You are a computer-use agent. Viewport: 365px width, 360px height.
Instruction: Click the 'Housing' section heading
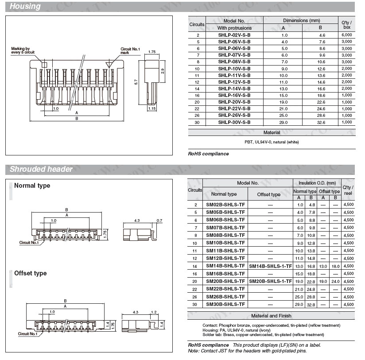tap(25, 6)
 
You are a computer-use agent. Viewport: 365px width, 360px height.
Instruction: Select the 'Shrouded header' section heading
tap(41, 169)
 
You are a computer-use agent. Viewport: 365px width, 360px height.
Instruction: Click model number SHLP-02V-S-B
tap(234, 35)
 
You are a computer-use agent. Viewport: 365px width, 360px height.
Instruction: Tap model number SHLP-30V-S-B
tap(234, 122)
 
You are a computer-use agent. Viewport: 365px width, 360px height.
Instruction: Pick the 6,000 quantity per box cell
tap(347, 35)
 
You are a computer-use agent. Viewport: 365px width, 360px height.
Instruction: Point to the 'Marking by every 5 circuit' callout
tap(20, 51)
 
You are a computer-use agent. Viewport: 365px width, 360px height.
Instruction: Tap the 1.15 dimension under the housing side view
tap(151, 108)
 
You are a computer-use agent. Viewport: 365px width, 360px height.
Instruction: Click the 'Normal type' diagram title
tap(32, 186)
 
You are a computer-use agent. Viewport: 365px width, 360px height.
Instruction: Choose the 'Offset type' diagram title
tap(30, 273)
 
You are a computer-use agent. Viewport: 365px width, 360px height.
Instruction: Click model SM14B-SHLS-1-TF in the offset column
tap(270, 266)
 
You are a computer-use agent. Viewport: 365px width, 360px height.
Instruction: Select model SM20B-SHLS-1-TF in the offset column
tap(270, 281)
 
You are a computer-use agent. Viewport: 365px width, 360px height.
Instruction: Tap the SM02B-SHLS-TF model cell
tap(225, 205)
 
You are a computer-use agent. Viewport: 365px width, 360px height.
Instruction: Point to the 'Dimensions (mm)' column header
tap(301, 21)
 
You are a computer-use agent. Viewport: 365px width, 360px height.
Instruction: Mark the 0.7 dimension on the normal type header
tap(159, 220)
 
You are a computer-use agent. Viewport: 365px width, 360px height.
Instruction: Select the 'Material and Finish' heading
tap(271, 316)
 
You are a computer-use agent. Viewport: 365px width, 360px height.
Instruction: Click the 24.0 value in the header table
tap(335, 281)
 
